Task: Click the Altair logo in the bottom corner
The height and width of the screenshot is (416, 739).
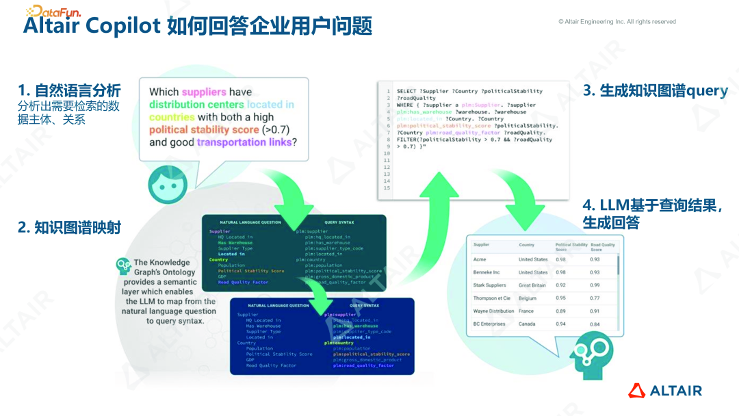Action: pyautogui.click(x=665, y=391)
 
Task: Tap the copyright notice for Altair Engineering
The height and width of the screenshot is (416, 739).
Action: pyautogui.click(x=617, y=22)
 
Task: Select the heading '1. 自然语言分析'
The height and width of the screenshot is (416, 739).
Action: pyautogui.click(x=69, y=90)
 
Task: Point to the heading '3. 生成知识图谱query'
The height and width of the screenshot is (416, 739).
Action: pyautogui.click(x=655, y=90)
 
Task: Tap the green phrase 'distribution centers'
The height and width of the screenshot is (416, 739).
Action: pyautogui.click(x=196, y=105)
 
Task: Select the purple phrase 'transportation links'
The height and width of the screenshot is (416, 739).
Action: pyautogui.click(x=244, y=142)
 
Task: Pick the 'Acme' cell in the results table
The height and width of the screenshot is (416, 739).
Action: pyautogui.click(x=480, y=259)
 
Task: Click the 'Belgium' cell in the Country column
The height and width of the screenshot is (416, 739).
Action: pyautogui.click(x=528, y=298)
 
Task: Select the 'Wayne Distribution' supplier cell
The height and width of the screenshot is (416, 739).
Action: pyautogui.click(x=493, y=311)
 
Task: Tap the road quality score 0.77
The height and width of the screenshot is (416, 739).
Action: pyautogui.click(x=595, y=298)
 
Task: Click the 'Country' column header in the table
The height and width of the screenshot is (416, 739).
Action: pyautogui.click(x=526, y=245)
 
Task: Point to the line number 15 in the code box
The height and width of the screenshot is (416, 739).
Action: pyautogui.click(x=387, y=188)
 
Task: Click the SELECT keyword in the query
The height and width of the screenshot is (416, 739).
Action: pyautogui.click(x=406, y=91)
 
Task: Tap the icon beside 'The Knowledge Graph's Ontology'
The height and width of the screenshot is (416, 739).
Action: pyautogui.click(x=123, y=265)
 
